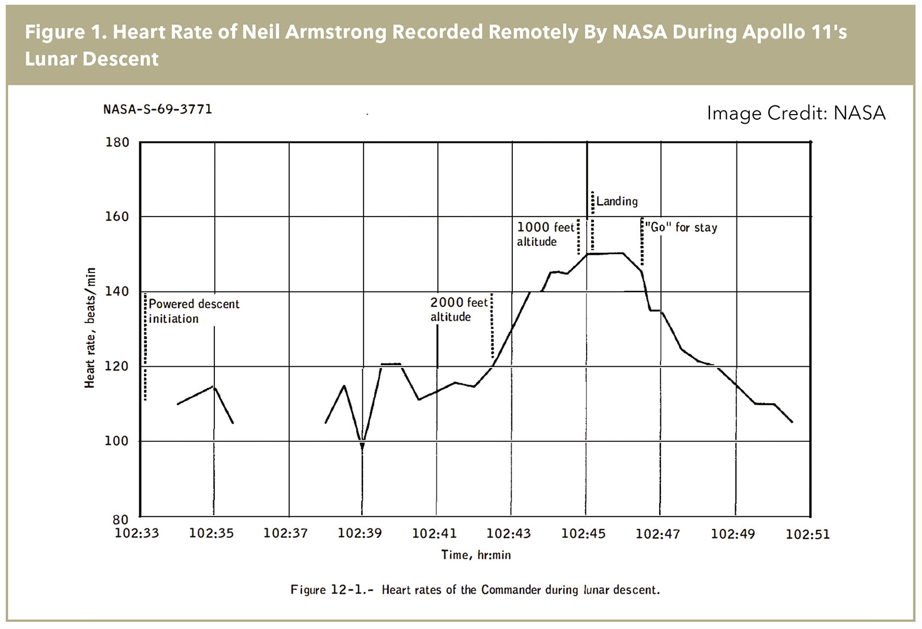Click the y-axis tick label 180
coord(117,142)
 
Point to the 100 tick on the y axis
coord(117,441)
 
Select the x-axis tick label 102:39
coord(360,533)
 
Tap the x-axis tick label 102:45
coord(583,533)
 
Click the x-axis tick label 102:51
coord(808,534)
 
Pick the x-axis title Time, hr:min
coord(476,555)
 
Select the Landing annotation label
coord(617,201)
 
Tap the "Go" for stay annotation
coord(681,228)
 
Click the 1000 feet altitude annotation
coord(545,234)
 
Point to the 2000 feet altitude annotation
coord(459,309)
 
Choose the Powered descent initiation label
coord(194,311)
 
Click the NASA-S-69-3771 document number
coord(158,109)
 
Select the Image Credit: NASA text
coord(796,113)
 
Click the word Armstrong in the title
coord(335,32)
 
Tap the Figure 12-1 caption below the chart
coord(475,590)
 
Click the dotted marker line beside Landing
coord(592,222)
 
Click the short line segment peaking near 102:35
coord(214,387)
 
